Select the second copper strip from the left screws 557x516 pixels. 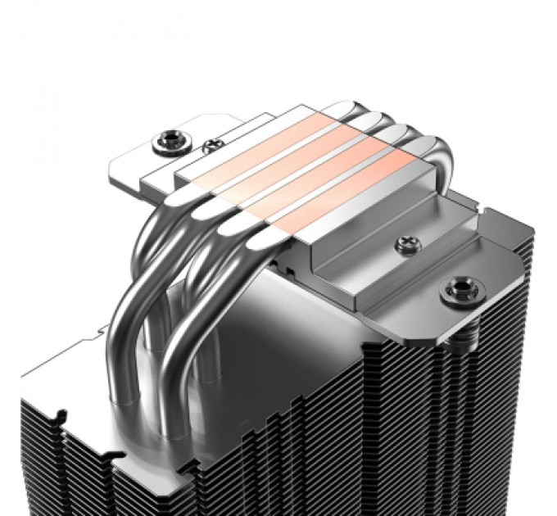tap(295, 160)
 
